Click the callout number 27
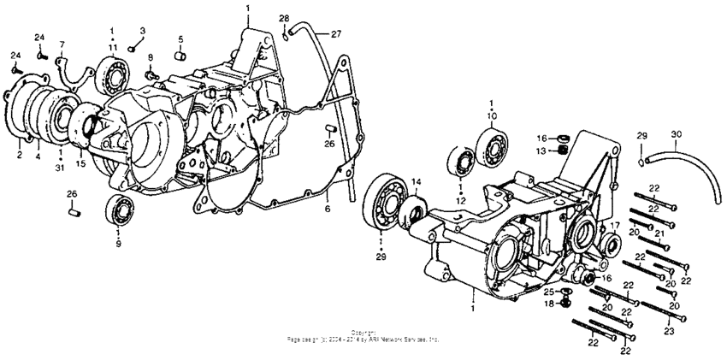pyautogui.click(x=337, y=34)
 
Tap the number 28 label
pyautogui.click(x=284, y=18)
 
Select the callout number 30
pyautogui.click(x=677, y=134)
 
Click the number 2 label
pyautogui.click(x=19, y=155)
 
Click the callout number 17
pyautogui.click(x=614, y=226)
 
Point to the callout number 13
pyautogui.click(x=541, y=151)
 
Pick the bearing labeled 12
pyautogui.click(x=461, y=163)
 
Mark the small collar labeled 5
pyautogui.click(x=180, y=57)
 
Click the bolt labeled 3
pyautogui.click(x=134, y=47)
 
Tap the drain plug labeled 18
pyautogui.click(x=568, y=304)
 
